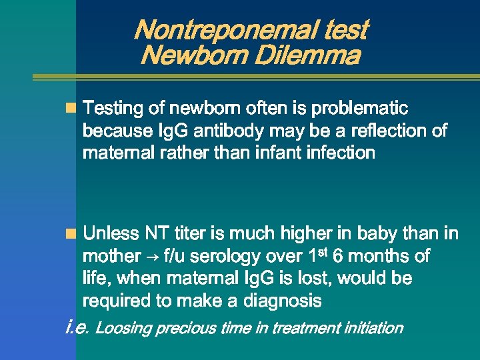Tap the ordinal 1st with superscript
(317, 255)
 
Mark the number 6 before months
(338, 256)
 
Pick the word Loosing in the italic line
(123, 328)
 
